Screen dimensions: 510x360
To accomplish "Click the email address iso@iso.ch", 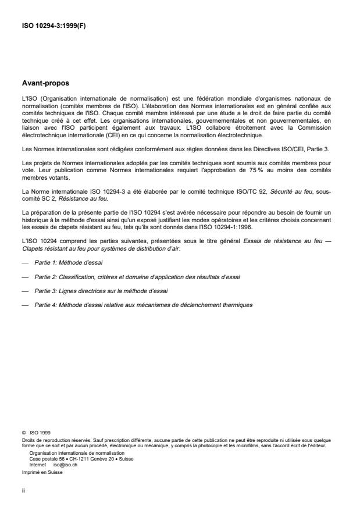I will (65, 464).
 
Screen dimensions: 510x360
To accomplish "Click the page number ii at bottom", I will (23, 491).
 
